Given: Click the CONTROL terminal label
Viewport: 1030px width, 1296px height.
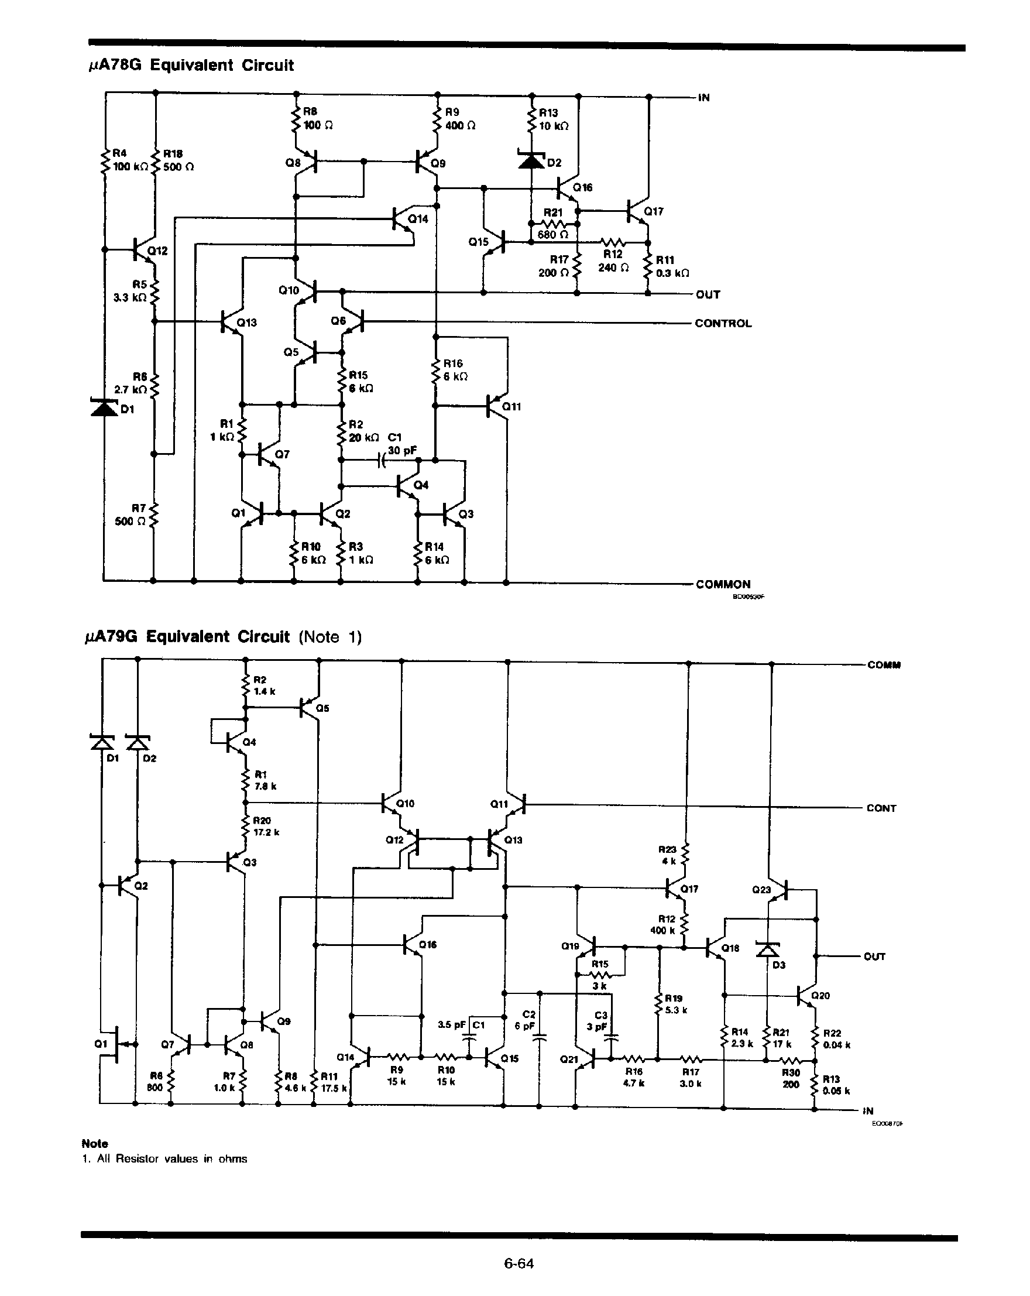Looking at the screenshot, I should (x=722, y=323).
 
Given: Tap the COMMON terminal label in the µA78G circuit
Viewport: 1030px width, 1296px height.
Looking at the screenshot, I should (x=722, y=584).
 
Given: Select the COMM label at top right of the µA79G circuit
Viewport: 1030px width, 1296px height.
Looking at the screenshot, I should (x=883, y=665).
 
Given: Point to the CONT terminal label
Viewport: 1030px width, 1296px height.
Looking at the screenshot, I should (x=881, y=808).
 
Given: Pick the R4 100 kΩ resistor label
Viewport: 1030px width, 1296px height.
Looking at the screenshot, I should (x=128, y=160).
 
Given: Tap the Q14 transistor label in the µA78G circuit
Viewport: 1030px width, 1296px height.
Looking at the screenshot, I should (x=418, y=219).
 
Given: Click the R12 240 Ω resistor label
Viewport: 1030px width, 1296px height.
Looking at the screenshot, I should (x=613, y=261).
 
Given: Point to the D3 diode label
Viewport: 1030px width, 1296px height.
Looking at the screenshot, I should (x=779, y=965).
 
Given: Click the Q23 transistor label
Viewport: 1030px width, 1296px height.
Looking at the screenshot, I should (x=761, y=889).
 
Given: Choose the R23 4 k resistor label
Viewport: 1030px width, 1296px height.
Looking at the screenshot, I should (x=668, y=855).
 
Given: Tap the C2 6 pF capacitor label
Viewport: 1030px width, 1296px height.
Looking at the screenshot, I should (x=524, y=1020).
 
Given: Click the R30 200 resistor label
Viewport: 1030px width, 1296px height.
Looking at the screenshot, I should (x=791, y=1078).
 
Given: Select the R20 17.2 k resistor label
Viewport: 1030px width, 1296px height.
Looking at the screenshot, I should (x=265, y=826).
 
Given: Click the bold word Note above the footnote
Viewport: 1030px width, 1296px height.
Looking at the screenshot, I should (x=94, y=1143).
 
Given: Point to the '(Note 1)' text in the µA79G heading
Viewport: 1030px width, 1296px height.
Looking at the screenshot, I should (x=330, y=636).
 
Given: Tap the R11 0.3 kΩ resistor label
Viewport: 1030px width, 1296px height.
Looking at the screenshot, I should (x=671, y=266).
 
